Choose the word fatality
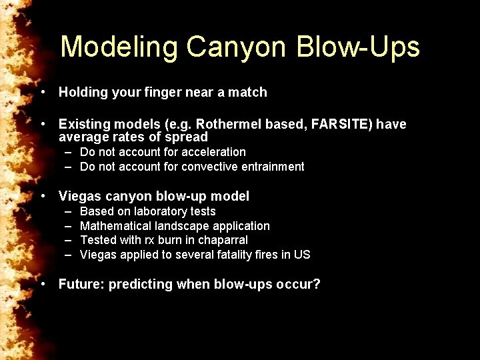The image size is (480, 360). [209, 255]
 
